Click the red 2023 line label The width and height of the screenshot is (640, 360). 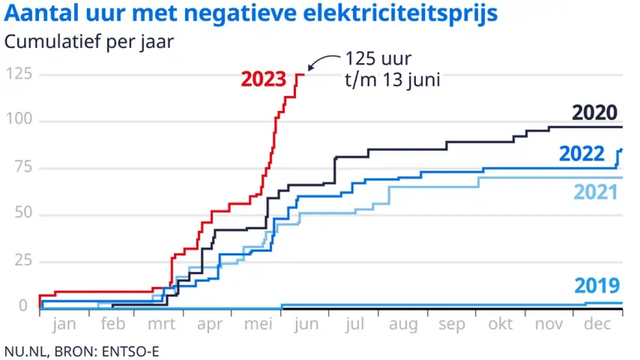pyautogui.click(x=263, y=79)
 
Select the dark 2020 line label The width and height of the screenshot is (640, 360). pyautogui.click(x=594, y=113)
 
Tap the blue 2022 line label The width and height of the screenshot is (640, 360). pyautogui.click(x=582, y=154)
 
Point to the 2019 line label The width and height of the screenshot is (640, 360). pyautogui.click(x=597, y=286)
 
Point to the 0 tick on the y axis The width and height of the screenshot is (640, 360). pyautogui.click(x=23, y=307)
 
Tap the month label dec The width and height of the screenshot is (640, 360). pyautogui.click(x=597, y=324)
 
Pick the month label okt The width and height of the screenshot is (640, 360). pyautogui.click(x=500, y=324)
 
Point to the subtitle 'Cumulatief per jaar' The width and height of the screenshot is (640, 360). pyautogui.click(x=89, y=41)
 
